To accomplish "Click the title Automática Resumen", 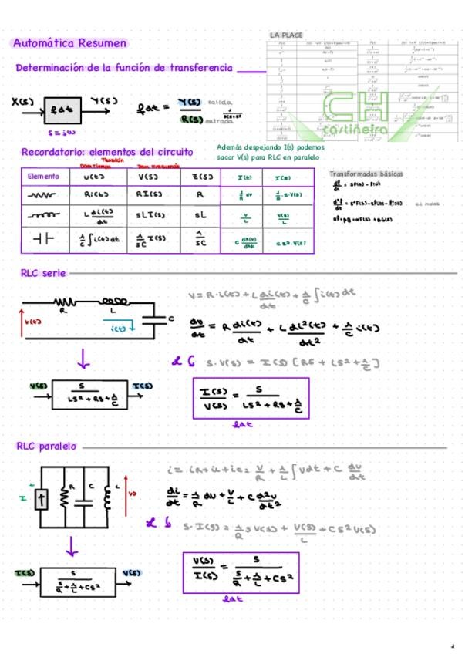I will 69,43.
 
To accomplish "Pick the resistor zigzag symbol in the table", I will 43,196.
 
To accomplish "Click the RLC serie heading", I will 42,272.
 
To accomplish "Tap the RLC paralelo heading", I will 47,446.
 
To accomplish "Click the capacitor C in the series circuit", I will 160,319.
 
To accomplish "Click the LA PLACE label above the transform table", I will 287,35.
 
